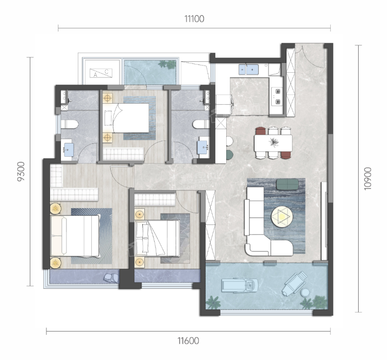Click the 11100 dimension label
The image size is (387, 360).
click(x=194, y=19)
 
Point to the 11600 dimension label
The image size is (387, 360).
click(x=188, y=341)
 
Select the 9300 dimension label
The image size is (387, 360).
click(x=21, y=171)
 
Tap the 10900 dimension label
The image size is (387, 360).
click(x=367, y=178)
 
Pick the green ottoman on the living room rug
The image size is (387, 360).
click(x=287, y=184)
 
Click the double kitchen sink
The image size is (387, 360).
click(x=248, y=70)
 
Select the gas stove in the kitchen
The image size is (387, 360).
click(x=277, y=96)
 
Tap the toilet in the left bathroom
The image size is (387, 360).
click(x=70, y=124)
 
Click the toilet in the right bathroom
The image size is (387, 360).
click(x=201, y=124)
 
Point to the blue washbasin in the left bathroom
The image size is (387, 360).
click(x=69, y=149)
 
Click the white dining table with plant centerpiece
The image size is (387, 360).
click(x=273, y=143)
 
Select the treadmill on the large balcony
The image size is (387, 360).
click(x=240, y=285)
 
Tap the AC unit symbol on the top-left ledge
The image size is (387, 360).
click(x=100, y=73)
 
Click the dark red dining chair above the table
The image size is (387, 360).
click(x=260, y=130)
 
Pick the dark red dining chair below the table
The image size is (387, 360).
click(x=286, y=155)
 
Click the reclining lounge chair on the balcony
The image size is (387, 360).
click(x=295, y=283)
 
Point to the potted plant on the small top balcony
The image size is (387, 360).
click(x=167, y=64)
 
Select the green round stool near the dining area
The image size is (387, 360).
click(x=229, y=155)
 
